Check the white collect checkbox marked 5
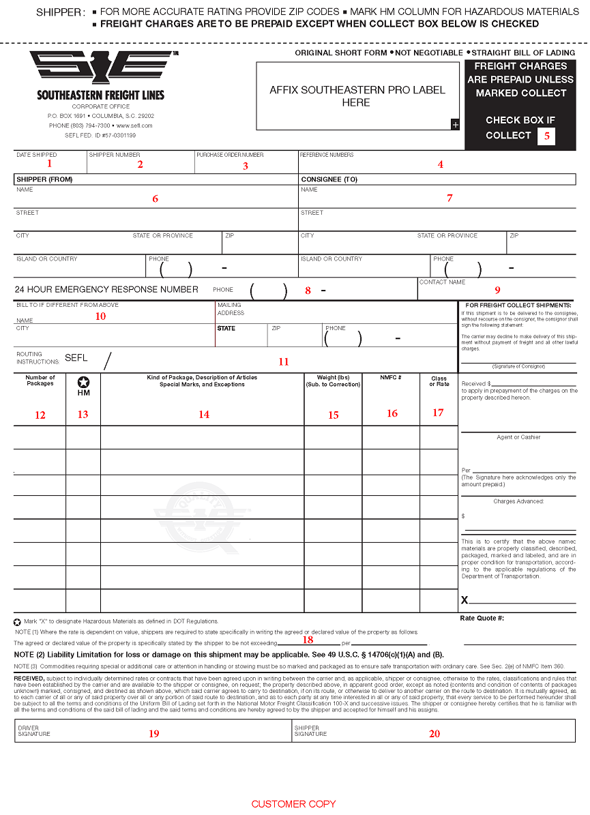click(546, 136)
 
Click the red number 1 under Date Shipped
click(49, 163)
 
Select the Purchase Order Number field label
click(229, 155)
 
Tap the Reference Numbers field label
click(327, 155)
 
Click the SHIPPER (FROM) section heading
click(44, 180)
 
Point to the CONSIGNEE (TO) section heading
click(329, 180)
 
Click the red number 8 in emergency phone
click(308, 291)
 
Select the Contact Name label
click(442, 282)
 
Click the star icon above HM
click(83, 382)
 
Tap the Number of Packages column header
click(40, 381)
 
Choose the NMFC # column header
click(391, 377)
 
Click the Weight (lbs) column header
click(333, 381)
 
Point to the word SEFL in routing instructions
click(76, 358)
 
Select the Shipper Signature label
click(310, 730)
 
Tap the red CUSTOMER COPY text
click(293, 804)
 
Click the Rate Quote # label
click(482, 619)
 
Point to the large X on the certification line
click(464, 600)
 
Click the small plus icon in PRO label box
click(455, 124)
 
